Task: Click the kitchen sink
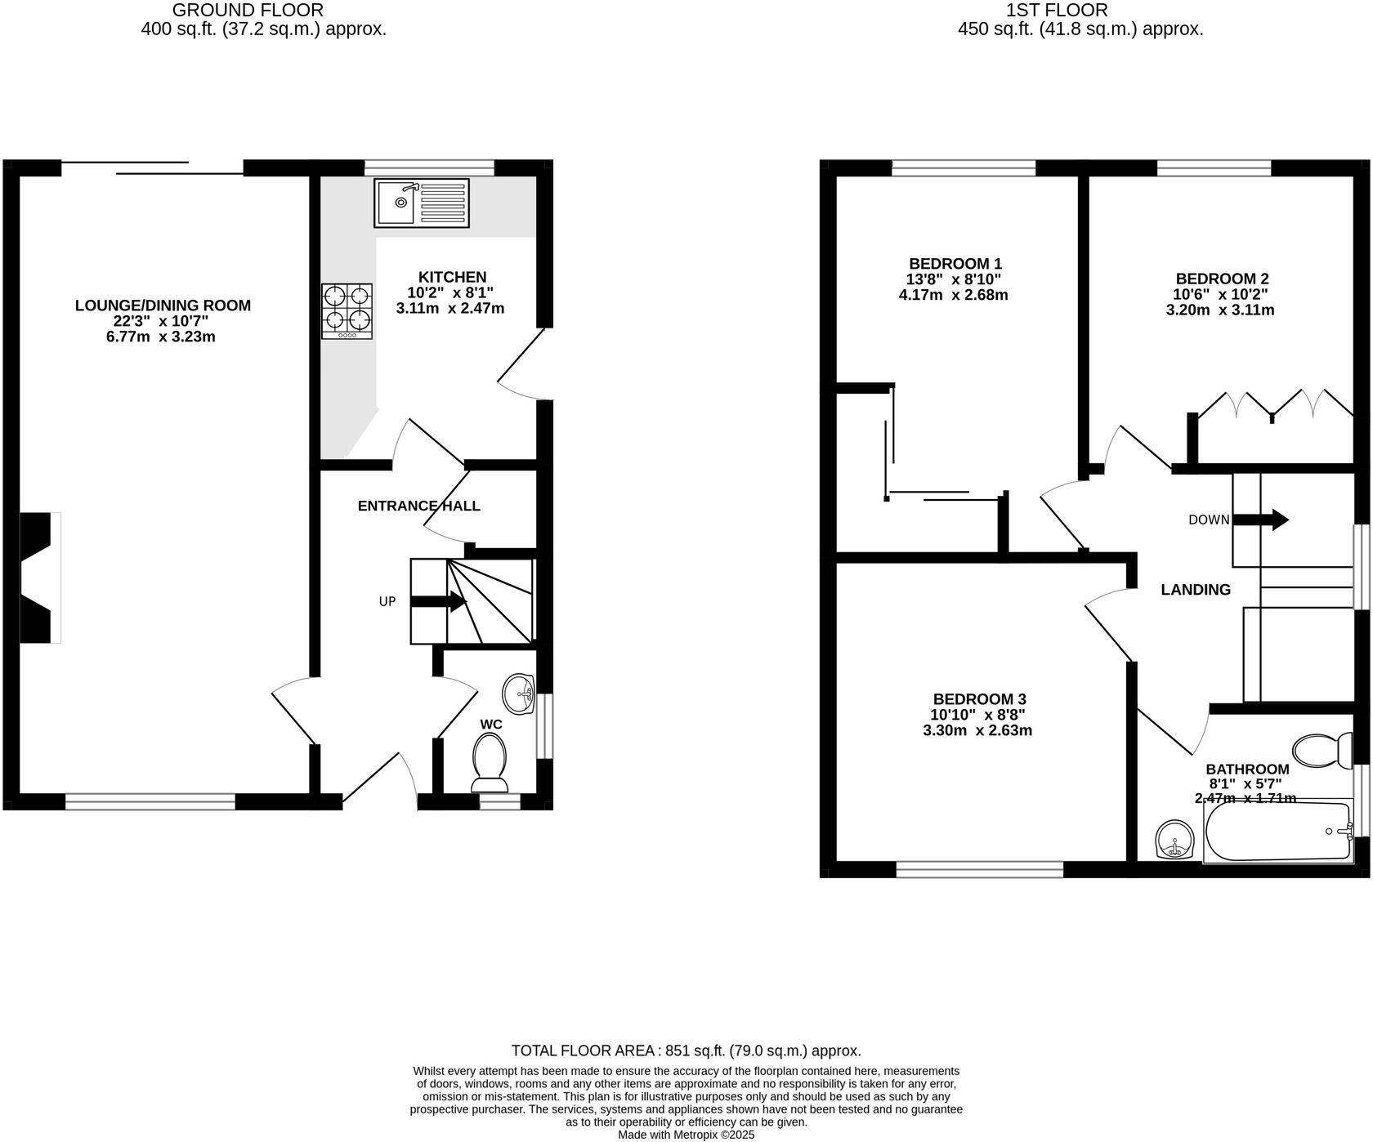pos(422,203)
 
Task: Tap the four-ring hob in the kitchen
pos(347,311)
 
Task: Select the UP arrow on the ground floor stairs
pos(438,602)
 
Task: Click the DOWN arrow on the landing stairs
pos(1260,520)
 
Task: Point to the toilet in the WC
pos(490,762)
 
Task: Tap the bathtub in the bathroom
pos(1279,831)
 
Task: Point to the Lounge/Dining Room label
pos(163,306)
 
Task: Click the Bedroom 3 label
pos(979,699)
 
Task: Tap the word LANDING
pos(1196,590)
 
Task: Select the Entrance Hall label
pos(419,506)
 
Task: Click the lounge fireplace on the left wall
pos(40,578)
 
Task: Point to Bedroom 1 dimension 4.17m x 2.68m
pos(954,295)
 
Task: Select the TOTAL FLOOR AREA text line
pos(686,1051)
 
